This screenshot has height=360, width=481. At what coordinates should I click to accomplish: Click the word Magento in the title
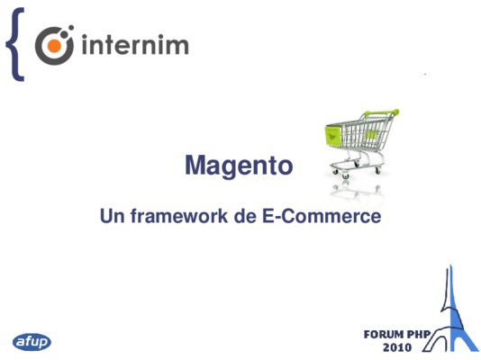[239, 166]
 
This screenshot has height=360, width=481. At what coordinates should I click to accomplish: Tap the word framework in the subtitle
[179, 216]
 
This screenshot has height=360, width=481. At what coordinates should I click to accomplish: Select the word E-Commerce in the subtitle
[322, 216]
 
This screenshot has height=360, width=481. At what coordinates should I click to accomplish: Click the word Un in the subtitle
[113, 216]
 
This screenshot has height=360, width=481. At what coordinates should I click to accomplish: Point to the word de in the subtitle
[245, 216]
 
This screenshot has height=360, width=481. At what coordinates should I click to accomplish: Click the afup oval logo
[32, 342]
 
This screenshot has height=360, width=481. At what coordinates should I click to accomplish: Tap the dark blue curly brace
[14, 44]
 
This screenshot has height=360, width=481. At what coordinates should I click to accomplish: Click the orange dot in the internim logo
[53, 46]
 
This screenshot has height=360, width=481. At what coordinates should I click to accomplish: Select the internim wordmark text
[135, 45]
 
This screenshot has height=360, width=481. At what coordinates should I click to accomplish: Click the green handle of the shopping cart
[382, 112]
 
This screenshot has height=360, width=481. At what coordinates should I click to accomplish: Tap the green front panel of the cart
[333, 135]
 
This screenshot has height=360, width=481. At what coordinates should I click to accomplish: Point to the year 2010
[397, 347]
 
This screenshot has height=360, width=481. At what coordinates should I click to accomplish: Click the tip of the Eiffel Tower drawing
[450, 265]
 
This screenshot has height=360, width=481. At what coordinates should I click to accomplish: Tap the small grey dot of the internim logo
[71, 28]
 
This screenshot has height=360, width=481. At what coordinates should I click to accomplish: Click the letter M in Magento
[195, 165]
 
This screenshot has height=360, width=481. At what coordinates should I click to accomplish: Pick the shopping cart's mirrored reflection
[356, 191]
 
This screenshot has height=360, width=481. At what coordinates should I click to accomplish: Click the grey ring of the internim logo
[38, 46]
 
